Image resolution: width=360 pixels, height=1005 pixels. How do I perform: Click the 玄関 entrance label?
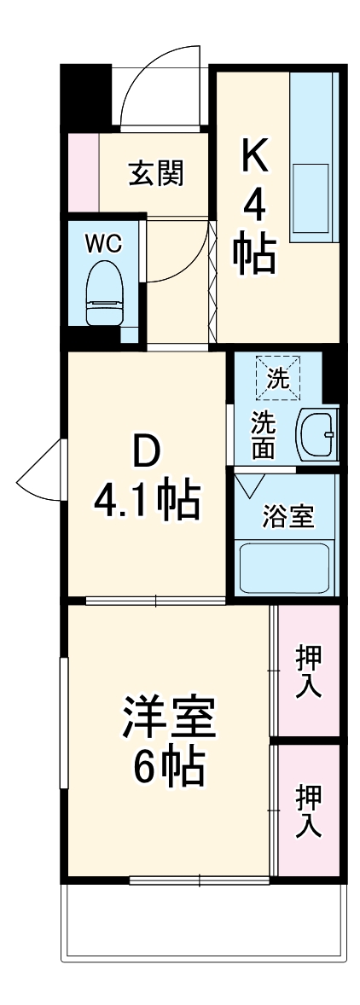pos(157,174)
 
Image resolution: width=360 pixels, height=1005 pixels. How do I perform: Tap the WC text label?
pos(104,243)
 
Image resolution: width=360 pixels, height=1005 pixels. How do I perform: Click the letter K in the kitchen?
pos(255,155)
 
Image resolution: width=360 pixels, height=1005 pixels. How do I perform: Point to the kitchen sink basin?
pos(311,199)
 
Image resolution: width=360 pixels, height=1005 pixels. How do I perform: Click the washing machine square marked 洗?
pos(278,378)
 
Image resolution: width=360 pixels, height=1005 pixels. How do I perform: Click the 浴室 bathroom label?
pos(287,516)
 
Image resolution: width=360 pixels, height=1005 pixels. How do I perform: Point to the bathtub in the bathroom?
pos(285,566)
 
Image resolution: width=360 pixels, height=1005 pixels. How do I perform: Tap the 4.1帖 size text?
pos(147,502)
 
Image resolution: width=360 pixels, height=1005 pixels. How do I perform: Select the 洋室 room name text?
pos(169,719)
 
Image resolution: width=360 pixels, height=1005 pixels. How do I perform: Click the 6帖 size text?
pos(169,770)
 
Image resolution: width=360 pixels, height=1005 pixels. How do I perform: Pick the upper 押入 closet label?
pos(308,671)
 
